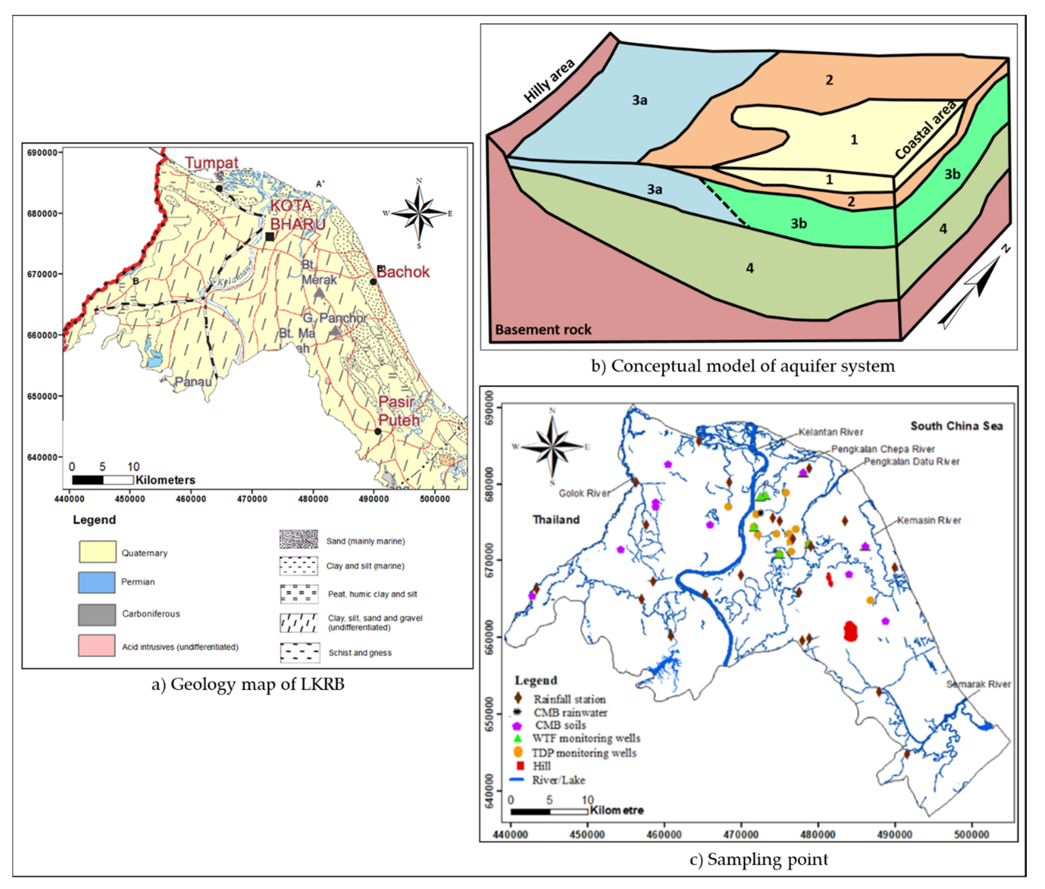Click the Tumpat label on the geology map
tap(211, 163)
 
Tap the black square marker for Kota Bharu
tap(270, 236)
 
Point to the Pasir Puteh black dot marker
tap(378, 431)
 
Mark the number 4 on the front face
tap(750, 268)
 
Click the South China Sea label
tap(956, 426)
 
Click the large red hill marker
tap(850, 631)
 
